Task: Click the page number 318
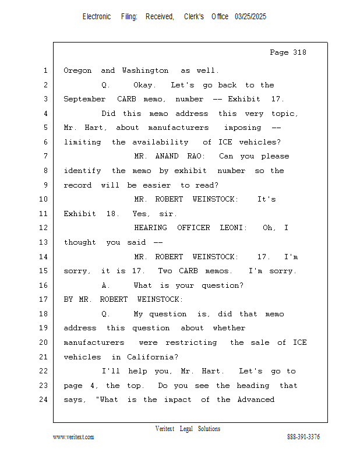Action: (299, 52)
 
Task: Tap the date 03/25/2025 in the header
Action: (250, 17)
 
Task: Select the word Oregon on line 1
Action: (77, 70)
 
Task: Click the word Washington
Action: (145, 70)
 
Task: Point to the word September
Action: (84, 99)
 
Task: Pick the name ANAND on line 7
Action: (167, 156)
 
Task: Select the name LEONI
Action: (234, 228)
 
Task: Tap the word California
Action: (152, 356)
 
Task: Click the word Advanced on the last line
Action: (256, 400)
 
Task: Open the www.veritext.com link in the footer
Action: (73, 437)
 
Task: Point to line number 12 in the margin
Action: (44, 228)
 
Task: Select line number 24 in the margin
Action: (44, 400)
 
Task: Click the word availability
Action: (160, 142)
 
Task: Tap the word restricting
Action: (191, 343)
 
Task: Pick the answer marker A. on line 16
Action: (105, 285)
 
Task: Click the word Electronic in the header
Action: (97, 17)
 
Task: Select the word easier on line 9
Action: (157, 185)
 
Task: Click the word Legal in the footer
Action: (186, 429)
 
